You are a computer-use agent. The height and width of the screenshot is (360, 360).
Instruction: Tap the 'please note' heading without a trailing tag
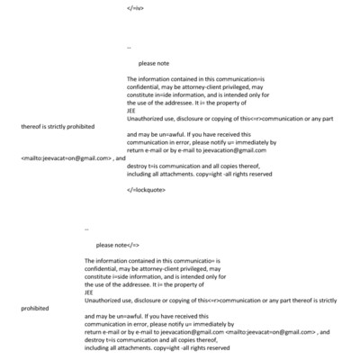(x=152, y=65)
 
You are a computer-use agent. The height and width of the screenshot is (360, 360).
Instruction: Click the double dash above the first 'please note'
(x=130, y=48)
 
